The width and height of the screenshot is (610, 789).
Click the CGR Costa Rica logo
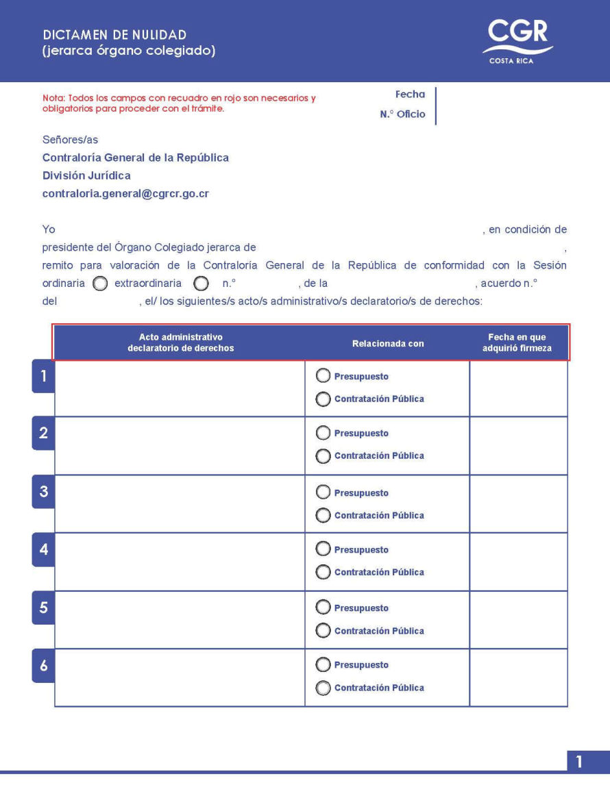point(517,41)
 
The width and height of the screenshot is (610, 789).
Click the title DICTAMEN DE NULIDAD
point(114,35)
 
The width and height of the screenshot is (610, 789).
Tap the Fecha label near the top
point(410,95)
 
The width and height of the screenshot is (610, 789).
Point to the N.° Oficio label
point(402,114)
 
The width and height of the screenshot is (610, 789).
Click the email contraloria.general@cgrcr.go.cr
point(125,194)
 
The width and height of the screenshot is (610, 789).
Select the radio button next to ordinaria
point(100,284)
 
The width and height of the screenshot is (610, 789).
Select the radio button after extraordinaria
point(201,284)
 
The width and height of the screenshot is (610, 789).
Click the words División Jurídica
point(86,176)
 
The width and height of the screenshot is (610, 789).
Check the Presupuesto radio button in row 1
point(323,376)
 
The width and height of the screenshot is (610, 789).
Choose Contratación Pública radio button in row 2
point(323,456)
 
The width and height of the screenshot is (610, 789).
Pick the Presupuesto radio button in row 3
point(323,492)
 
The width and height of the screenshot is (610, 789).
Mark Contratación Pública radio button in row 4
point(323,573)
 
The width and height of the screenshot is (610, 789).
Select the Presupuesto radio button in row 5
point(323,608)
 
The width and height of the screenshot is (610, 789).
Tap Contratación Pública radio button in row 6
point(323,688)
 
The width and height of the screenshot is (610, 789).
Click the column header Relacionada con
point(388,344)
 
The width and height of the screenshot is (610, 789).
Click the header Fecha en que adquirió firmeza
point(517,342)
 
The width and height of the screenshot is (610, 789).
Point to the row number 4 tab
point(43,550)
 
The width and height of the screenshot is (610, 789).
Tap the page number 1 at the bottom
point(580,762)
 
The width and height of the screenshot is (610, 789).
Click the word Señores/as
point(70,140)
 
